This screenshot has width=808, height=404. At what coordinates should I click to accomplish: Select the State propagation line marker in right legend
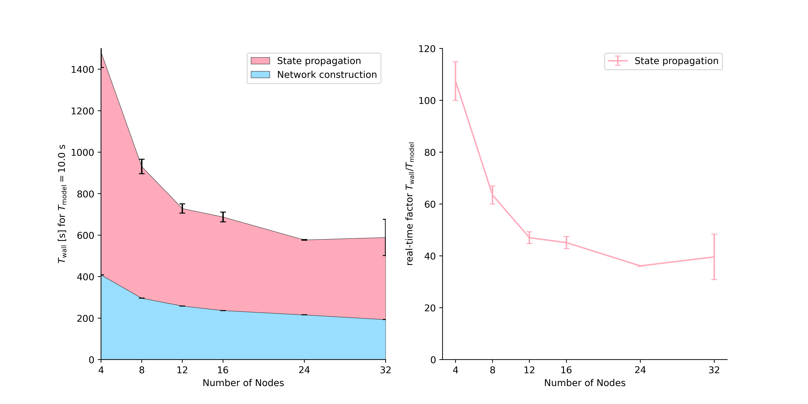click(617, 61)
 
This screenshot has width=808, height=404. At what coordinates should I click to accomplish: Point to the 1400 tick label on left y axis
click(82, 70)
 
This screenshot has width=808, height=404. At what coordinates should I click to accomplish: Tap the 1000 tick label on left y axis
click(82, 153)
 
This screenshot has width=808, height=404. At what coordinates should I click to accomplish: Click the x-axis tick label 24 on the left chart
click(304, 370)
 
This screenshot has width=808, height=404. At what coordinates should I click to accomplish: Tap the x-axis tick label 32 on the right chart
click(714, 370)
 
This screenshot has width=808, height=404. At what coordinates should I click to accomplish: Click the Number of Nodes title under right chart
click(585, 383)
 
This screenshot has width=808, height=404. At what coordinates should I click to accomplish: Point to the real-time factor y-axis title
click(410, 204)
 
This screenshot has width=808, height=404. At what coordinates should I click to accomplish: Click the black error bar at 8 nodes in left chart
click(142, 166)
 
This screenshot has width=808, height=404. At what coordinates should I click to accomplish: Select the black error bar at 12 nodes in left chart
click(182, 209)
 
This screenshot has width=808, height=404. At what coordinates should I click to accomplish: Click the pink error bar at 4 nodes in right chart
click(456, 81)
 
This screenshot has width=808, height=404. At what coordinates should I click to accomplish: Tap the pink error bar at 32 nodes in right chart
click(714, 257)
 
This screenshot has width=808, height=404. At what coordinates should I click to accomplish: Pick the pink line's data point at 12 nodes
click(529, 238)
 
